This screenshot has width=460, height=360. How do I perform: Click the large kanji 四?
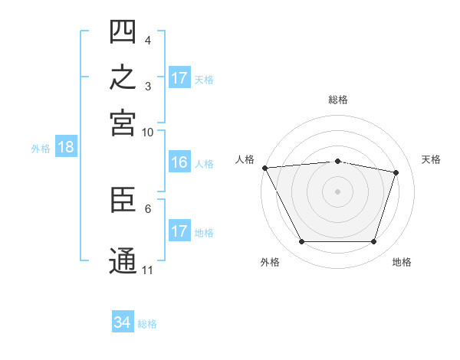click(123, 31)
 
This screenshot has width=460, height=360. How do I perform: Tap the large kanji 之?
click(123, 77)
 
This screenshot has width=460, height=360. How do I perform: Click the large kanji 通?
click(123, 260)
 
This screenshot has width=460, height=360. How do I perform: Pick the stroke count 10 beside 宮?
click(147, 133)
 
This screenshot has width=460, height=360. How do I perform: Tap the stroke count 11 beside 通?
click(147, 270)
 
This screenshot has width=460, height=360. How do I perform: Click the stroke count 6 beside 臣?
click(148, 209)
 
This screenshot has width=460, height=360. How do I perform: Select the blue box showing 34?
click(123, 321)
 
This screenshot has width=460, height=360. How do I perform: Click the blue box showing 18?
click(66, 146)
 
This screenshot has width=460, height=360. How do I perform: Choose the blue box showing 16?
click(180, 162)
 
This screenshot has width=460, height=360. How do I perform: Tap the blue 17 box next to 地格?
click(180, 230)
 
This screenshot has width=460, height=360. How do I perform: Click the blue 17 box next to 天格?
click(180, 77)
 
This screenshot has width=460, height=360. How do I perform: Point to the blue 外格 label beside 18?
click(41, 149)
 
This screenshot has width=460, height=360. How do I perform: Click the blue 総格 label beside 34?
click(147, 324)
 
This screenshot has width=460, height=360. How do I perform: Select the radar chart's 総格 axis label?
click(338, 100)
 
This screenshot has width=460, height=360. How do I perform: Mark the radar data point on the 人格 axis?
click(265, 168)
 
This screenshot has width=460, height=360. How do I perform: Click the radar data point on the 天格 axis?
click(396, 172)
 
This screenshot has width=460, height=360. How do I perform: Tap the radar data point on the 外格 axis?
click(301, 241)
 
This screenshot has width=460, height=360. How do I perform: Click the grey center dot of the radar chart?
click(337, 191)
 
